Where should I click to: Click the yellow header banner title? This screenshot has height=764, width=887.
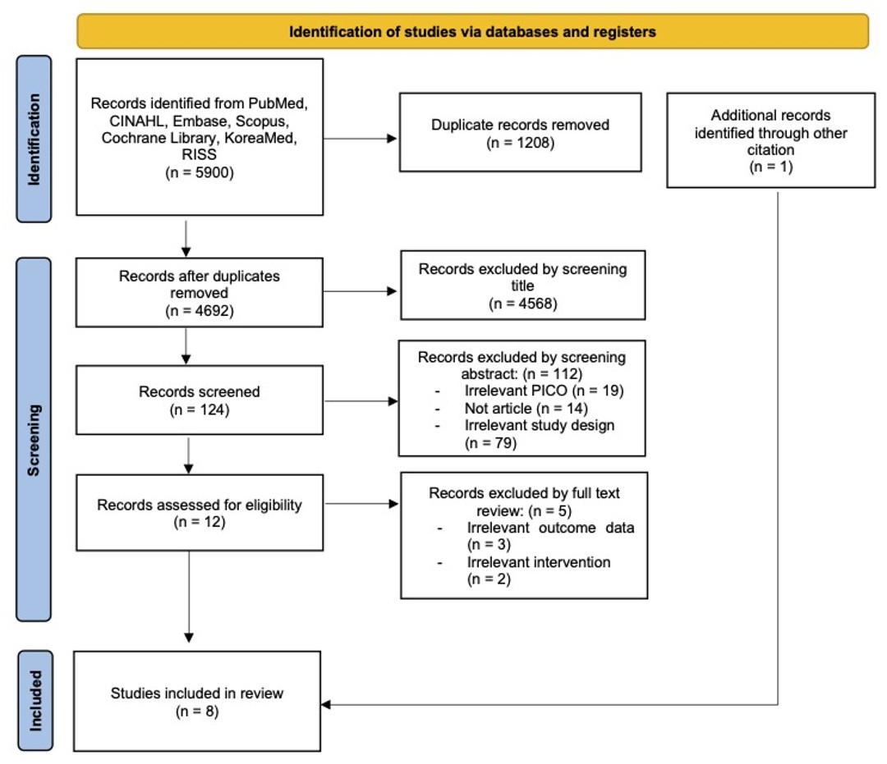tap(472, 32)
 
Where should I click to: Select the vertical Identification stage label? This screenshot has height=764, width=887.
tap(34, 139)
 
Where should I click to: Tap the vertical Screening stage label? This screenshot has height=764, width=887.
tap(34, 440)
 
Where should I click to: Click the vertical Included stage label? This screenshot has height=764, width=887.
tap(35, 701)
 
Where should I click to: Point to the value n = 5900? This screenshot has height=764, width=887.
tap(199, 172)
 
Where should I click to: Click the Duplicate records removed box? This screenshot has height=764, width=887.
tap(521, 132)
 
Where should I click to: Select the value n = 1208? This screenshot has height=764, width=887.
tap(521, 143)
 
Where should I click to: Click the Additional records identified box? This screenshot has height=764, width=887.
tap(771, 140)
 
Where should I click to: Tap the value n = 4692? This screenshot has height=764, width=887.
tap(199, 310)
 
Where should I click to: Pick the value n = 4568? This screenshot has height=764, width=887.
tap(522, 304)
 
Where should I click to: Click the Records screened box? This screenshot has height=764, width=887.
tap(200, 400)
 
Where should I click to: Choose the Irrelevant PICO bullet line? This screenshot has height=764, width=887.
tap(529, 391)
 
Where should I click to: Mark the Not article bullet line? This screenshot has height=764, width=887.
tap(512, 408)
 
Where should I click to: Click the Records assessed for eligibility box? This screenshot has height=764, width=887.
tap(200, 513)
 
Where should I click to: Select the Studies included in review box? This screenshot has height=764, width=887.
tap(197, 702)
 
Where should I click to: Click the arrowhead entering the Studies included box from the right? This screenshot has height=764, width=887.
tap(326, 705)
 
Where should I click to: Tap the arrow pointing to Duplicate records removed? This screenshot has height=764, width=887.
tap(360, 139)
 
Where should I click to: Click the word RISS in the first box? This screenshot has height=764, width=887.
tap(199, 154)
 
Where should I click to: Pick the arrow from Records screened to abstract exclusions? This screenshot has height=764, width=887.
tap(361, 401)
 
